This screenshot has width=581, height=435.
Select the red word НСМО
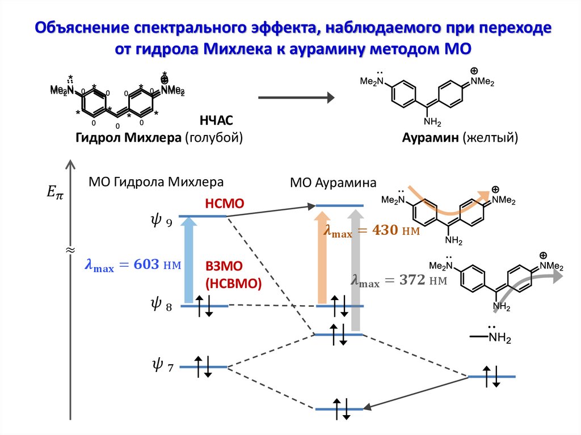click(225, 204)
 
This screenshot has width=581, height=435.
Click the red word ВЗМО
click(225, 268)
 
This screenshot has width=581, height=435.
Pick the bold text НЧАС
click(216, 120)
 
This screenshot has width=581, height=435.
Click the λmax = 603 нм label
click(132, 265)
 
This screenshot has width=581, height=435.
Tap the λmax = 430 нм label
click(371, 231)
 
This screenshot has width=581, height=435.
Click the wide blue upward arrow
click(188, 261)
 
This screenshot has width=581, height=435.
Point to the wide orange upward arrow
click(322, 258)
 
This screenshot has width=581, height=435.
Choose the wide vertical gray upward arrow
click(356, 269)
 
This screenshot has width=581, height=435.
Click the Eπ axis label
click(55, 193)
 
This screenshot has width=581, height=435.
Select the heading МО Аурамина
click(333, 183)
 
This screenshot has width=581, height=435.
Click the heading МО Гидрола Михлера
click(156, 182)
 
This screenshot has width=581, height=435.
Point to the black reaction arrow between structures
click(295, 98)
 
